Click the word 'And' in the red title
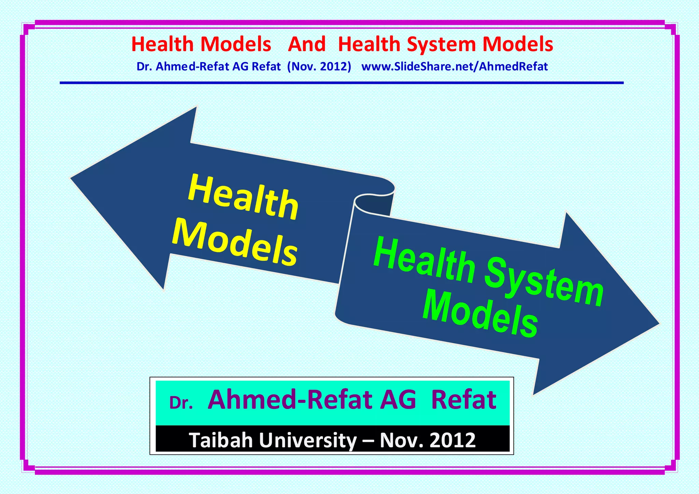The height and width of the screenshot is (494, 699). point(306,44)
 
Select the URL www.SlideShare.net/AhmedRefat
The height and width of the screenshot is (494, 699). point(454,67)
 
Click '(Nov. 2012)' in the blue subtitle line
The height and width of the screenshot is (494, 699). point(319,67)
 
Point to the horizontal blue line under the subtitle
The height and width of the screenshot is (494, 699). point(341,83)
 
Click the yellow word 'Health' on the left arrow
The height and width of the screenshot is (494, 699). point(243,197)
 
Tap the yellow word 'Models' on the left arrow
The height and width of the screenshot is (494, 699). point(235,243)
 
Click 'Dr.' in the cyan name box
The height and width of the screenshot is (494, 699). point(181,403)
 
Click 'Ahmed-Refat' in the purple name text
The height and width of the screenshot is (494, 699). point(290,399)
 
